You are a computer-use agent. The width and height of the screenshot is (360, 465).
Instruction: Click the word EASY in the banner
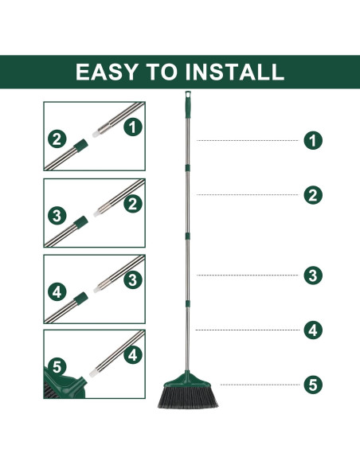(107, 72)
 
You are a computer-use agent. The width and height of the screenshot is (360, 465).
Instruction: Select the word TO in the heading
(162, 72)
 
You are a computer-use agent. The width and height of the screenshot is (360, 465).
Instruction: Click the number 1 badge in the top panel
(133, 127)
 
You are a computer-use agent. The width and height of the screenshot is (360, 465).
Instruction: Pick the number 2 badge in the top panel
(57, 139)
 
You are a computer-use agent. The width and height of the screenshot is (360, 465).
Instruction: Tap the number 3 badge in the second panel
(57, 216)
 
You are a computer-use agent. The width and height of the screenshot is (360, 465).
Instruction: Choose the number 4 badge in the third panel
(57, 291)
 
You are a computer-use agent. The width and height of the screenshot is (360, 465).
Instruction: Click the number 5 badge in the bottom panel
(57, 367)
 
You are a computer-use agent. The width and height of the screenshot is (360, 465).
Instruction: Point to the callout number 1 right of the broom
(313, 140)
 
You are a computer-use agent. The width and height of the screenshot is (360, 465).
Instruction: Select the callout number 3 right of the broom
(313, 275)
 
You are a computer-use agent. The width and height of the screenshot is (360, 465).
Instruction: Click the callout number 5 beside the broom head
(313, 385)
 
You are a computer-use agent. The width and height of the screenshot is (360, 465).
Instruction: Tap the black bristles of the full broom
(188, 397)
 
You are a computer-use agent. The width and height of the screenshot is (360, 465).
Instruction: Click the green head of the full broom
(187, 380)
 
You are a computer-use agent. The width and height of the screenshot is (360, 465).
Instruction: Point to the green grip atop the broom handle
(188, 104)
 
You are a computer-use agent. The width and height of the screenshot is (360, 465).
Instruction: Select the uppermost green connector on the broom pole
(187, 168)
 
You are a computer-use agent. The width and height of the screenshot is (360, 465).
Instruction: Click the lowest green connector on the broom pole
(187, 303)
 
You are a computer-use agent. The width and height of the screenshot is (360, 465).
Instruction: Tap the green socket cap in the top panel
(80, 145)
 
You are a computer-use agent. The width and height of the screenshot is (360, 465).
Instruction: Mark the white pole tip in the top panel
(96, 134)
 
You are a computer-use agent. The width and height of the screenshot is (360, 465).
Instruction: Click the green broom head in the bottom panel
(65, 382)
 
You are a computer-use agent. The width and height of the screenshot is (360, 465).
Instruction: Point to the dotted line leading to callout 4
(248, 330)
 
